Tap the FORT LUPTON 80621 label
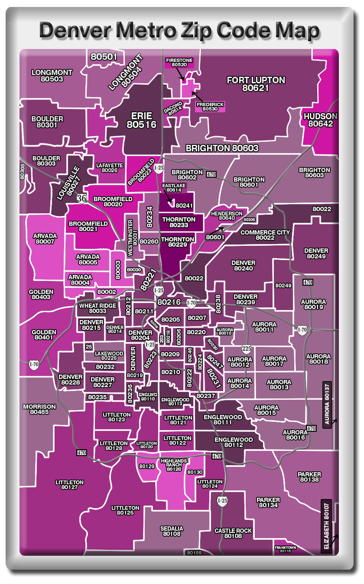[x=256, y=84]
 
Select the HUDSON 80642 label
[x=320, y=120]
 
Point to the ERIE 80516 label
[x=142, y=120]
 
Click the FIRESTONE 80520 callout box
[x=179, y=62]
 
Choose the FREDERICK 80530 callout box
[x=210, y=107]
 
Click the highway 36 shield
[x=81, y=198]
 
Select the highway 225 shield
[x=246, y=349]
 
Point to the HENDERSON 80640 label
[x=227, y=216]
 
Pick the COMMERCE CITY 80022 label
[x=265, y=235]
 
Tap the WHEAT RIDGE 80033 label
[x=97, y=308]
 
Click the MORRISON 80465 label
[x=39, y=409]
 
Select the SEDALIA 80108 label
[x=172, y=531]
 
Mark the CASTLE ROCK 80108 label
[x=233, y=533]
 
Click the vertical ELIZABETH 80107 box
[x=326, y=526]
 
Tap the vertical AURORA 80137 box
[x=327, y=405]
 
